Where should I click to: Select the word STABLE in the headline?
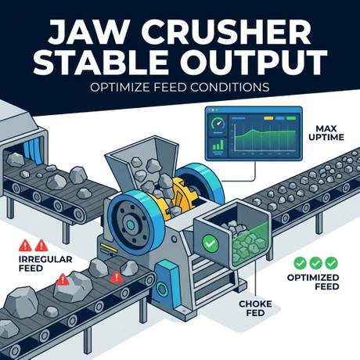(x=100, y=63)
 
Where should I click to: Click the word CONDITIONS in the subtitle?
(x=230, y=88)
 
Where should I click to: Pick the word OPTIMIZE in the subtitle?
(x=120, y=88)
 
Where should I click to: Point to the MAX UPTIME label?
(x=326, y=133)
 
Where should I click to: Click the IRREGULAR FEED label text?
(x=45, y=264)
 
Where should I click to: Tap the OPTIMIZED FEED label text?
(x=313, y=282)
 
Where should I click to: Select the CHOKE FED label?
(x=255, y=308)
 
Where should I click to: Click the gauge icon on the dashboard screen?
(x=218, y=124)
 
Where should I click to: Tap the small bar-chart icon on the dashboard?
(x=218, y=145)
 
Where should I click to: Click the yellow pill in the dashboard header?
(x=268, y=118)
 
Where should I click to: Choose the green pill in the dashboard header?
(x=291, y=118)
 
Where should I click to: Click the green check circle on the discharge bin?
(x=211, y=244)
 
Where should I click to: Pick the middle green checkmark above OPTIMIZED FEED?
(x=315, y=263)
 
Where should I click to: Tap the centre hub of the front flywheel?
(x=130, y=224)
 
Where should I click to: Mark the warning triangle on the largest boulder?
(x=63, y=279)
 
